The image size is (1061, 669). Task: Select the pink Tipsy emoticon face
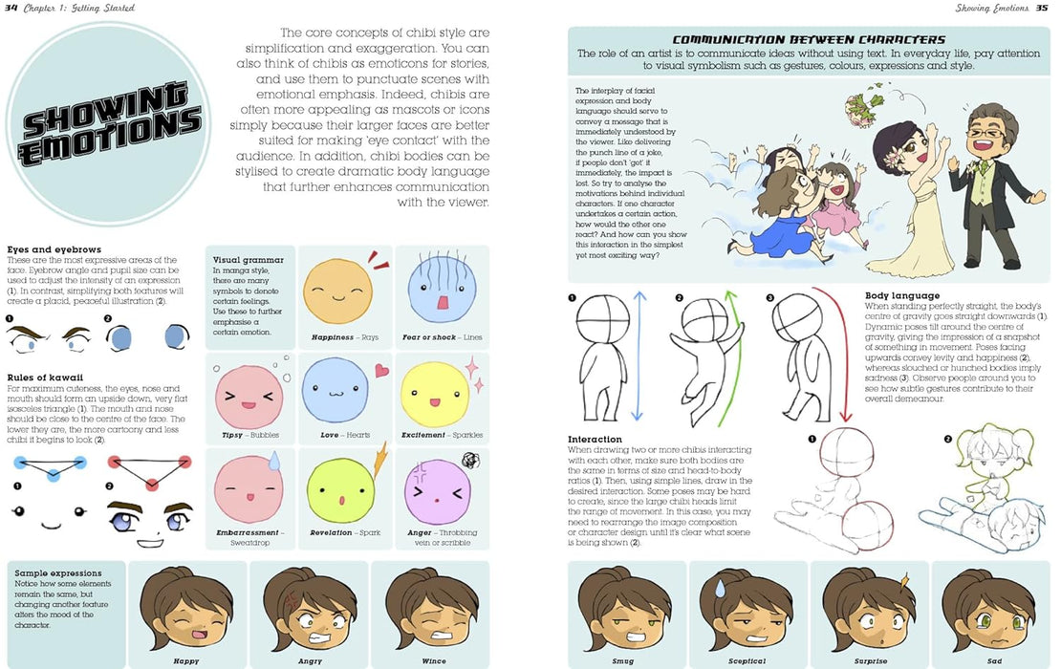coord(246,396)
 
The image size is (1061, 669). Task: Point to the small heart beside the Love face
coord(381,370)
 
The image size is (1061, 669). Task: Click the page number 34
coord(12,9)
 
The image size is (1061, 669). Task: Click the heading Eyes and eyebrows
coord(54,249)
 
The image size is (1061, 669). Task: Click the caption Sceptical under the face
coord(747,660)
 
